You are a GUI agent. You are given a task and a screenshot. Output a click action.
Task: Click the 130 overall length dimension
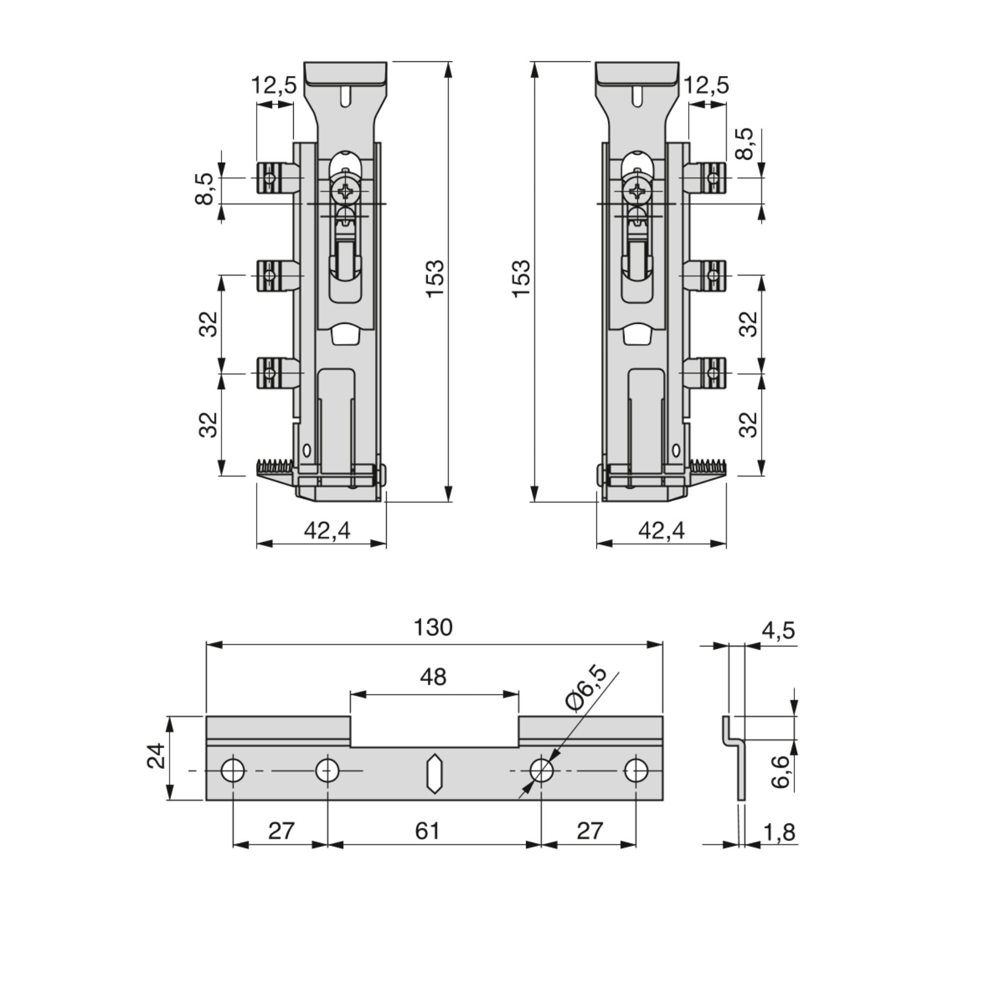point(433,628)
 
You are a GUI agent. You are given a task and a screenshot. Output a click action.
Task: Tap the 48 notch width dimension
point(433,677)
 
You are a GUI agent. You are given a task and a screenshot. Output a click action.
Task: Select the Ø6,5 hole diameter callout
point(586,688)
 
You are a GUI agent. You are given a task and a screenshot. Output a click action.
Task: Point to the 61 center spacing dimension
point(427,831)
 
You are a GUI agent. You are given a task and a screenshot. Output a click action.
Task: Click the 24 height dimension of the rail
point(156,756)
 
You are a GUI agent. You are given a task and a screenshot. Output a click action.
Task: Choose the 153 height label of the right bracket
point(522,279)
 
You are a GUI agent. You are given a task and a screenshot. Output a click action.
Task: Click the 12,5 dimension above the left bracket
point(274,86)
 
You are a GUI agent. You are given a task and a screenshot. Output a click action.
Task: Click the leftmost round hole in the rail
point(233,770)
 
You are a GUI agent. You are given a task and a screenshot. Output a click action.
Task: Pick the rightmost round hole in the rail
point(636,770)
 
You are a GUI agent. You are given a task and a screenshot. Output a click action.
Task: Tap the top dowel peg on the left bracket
point(277,178)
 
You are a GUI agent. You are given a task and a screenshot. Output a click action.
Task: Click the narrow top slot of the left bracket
point(346,96)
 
